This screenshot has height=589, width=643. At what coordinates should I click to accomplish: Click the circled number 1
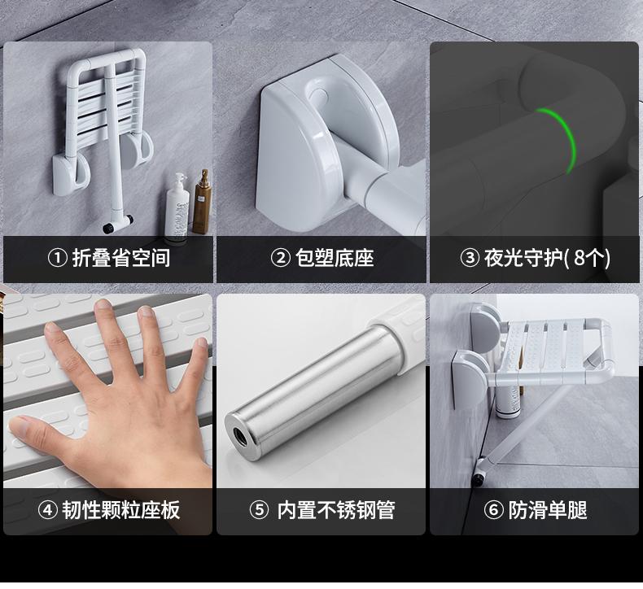coord(58,258)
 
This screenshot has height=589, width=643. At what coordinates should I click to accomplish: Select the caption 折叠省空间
coord(121,258)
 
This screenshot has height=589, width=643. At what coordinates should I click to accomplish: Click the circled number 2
coord(281,258)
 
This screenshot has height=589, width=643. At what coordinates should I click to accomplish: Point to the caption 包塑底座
coord(335,258)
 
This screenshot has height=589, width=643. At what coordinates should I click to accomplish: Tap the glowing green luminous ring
coord(561,139)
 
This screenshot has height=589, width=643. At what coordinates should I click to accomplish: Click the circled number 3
coord(470,258)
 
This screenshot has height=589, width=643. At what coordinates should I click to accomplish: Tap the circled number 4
coord(47,510)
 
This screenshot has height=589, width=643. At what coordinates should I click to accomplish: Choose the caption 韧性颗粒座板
coord(121,510)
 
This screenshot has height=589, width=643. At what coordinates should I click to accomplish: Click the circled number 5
coord(259,510)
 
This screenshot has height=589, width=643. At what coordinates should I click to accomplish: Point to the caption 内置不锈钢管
coord(336,510)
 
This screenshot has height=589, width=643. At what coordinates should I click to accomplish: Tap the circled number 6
coord(494,510)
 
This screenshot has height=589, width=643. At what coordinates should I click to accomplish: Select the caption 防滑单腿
coord(548,510)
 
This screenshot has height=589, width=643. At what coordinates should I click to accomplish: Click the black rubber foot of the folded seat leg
coord(108,229)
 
